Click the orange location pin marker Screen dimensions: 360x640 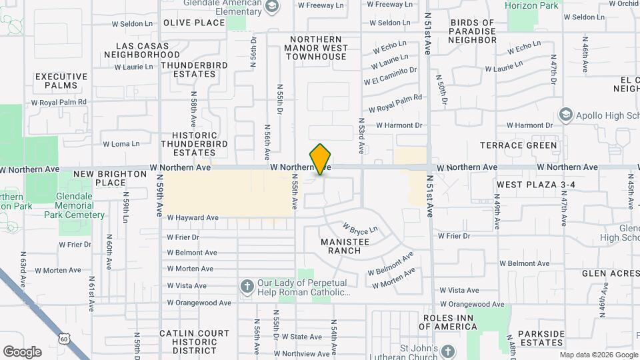[x=321, y=159]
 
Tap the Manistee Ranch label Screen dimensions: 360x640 [x=340, y=246]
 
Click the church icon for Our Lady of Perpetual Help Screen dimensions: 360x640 [x=247, y=287]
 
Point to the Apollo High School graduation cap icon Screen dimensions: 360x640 [x=565, y=115]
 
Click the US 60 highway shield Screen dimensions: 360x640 [x=64, y=339]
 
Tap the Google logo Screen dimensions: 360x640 [x=22, y=351]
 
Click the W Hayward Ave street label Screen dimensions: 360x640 [x=193, y=217]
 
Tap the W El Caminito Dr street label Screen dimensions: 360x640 [x=391, y=75]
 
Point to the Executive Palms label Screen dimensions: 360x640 [x=61, y=81]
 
